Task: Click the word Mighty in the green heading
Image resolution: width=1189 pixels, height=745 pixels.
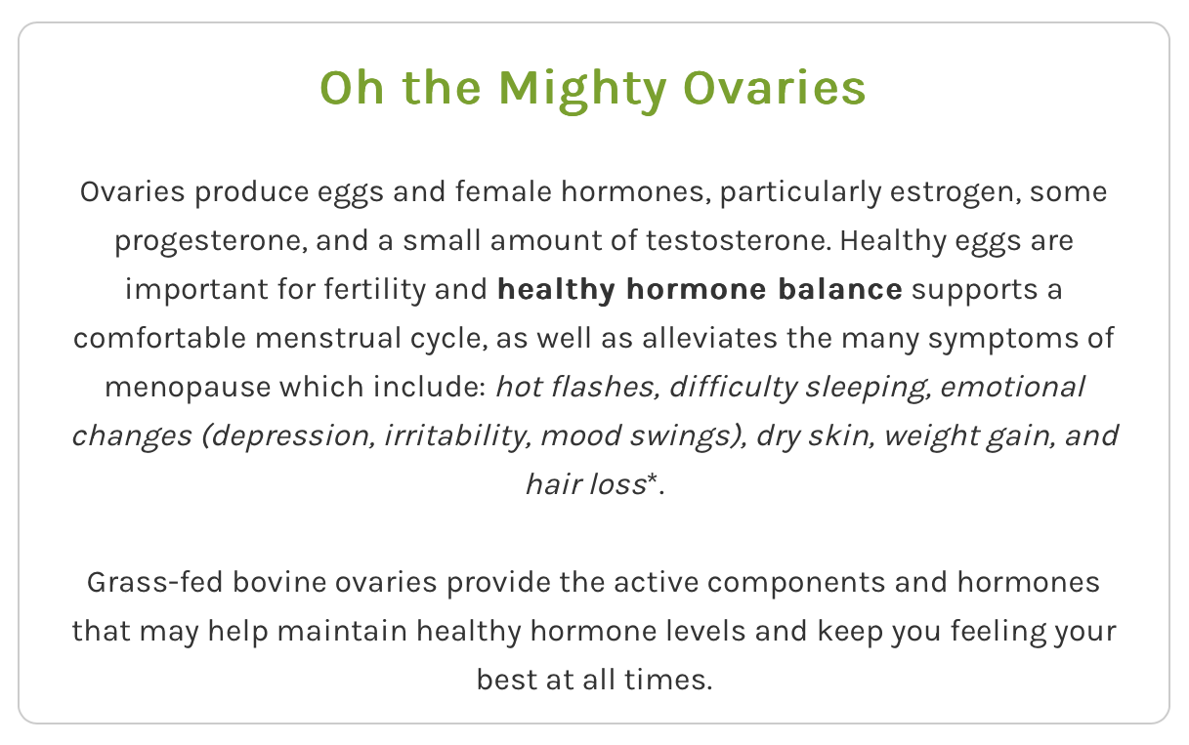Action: [x=582, y=90]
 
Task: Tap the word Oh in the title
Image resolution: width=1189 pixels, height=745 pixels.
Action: [x=352, y=88]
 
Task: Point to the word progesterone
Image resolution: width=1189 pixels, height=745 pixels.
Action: [x=211, y=241]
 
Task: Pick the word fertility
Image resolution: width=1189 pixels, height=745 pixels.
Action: [x=375, y=290]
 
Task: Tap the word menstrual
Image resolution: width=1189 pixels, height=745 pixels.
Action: [x=327, y=339]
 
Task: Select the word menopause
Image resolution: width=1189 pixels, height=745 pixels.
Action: [x=188, y=388]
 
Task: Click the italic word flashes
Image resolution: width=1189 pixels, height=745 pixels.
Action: [x=605, y=387]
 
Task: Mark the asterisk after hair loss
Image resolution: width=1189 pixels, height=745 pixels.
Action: [x=653, y=478]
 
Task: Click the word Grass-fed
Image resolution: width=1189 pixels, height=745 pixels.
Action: [x=155, y=583]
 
